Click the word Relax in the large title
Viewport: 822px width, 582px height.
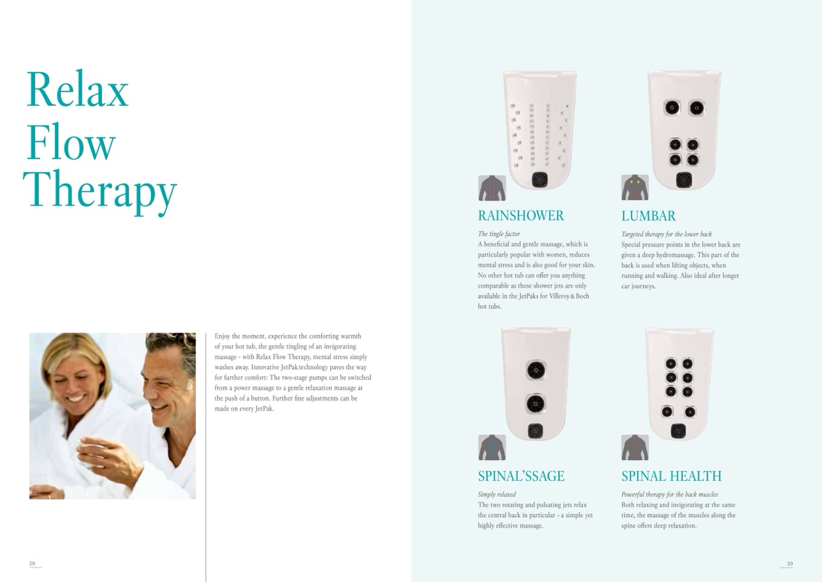(x=78, y=89)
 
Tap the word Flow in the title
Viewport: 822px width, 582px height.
(x=72, y=142)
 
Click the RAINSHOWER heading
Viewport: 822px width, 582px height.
(x=521, y=215)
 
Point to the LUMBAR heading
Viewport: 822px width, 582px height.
(x=649, y=216)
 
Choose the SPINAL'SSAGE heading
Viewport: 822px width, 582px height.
(x=521, y=476)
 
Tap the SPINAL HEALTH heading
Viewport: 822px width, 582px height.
(x=671, y=476)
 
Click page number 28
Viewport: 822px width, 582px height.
(x=32, y=563)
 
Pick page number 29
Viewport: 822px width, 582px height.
(x=790, y=563)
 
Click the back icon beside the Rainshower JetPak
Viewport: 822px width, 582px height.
(x=492, y=188)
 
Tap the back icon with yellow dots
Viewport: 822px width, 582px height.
(x=635, y=188)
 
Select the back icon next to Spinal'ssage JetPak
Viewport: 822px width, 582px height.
(x=492, y=447)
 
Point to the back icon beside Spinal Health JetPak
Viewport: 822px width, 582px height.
(x=635, y=447)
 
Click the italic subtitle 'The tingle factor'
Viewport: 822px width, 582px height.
(x=499, y=234)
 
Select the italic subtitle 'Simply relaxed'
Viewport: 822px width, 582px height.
(x=497, y=494)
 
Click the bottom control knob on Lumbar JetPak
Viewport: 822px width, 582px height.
(x=684, y=180)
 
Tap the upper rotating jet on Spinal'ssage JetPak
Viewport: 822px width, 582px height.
(x=536, y=370)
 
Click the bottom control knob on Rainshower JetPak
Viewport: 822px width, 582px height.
(x=540, y=180)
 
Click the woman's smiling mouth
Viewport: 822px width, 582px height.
(x=76, y=398)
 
